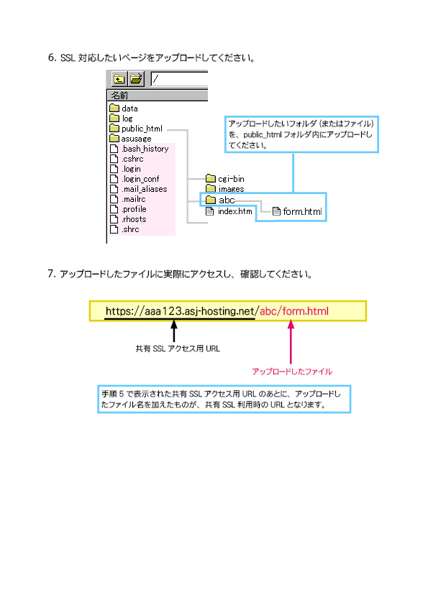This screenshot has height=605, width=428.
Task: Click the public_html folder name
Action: point(142,129)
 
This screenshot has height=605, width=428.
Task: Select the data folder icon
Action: point(114,108)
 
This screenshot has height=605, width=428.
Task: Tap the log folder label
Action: point(127,119)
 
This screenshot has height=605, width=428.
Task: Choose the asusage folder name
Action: point(136,139)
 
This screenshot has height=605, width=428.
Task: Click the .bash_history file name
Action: point(145,149)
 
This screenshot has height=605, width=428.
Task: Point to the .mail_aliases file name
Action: point(145,189)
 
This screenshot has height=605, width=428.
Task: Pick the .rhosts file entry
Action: point(134,219)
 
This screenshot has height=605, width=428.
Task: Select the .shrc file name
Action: point(130,229)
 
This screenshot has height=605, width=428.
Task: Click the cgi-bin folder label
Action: point(231,179)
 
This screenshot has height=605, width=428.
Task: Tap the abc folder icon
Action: point(211,200)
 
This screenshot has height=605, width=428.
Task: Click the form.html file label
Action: point(302,211)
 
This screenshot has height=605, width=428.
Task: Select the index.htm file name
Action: point(235,211)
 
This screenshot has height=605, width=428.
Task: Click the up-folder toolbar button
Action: point(119,79)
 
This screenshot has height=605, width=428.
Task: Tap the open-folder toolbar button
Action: point(136,79)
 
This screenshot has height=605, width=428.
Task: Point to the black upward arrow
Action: point(174,331)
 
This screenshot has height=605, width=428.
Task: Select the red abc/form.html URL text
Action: point(294,311)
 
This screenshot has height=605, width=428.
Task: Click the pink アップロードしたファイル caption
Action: point(292,371)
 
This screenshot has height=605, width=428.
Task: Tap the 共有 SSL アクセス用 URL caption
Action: point(178,348)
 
